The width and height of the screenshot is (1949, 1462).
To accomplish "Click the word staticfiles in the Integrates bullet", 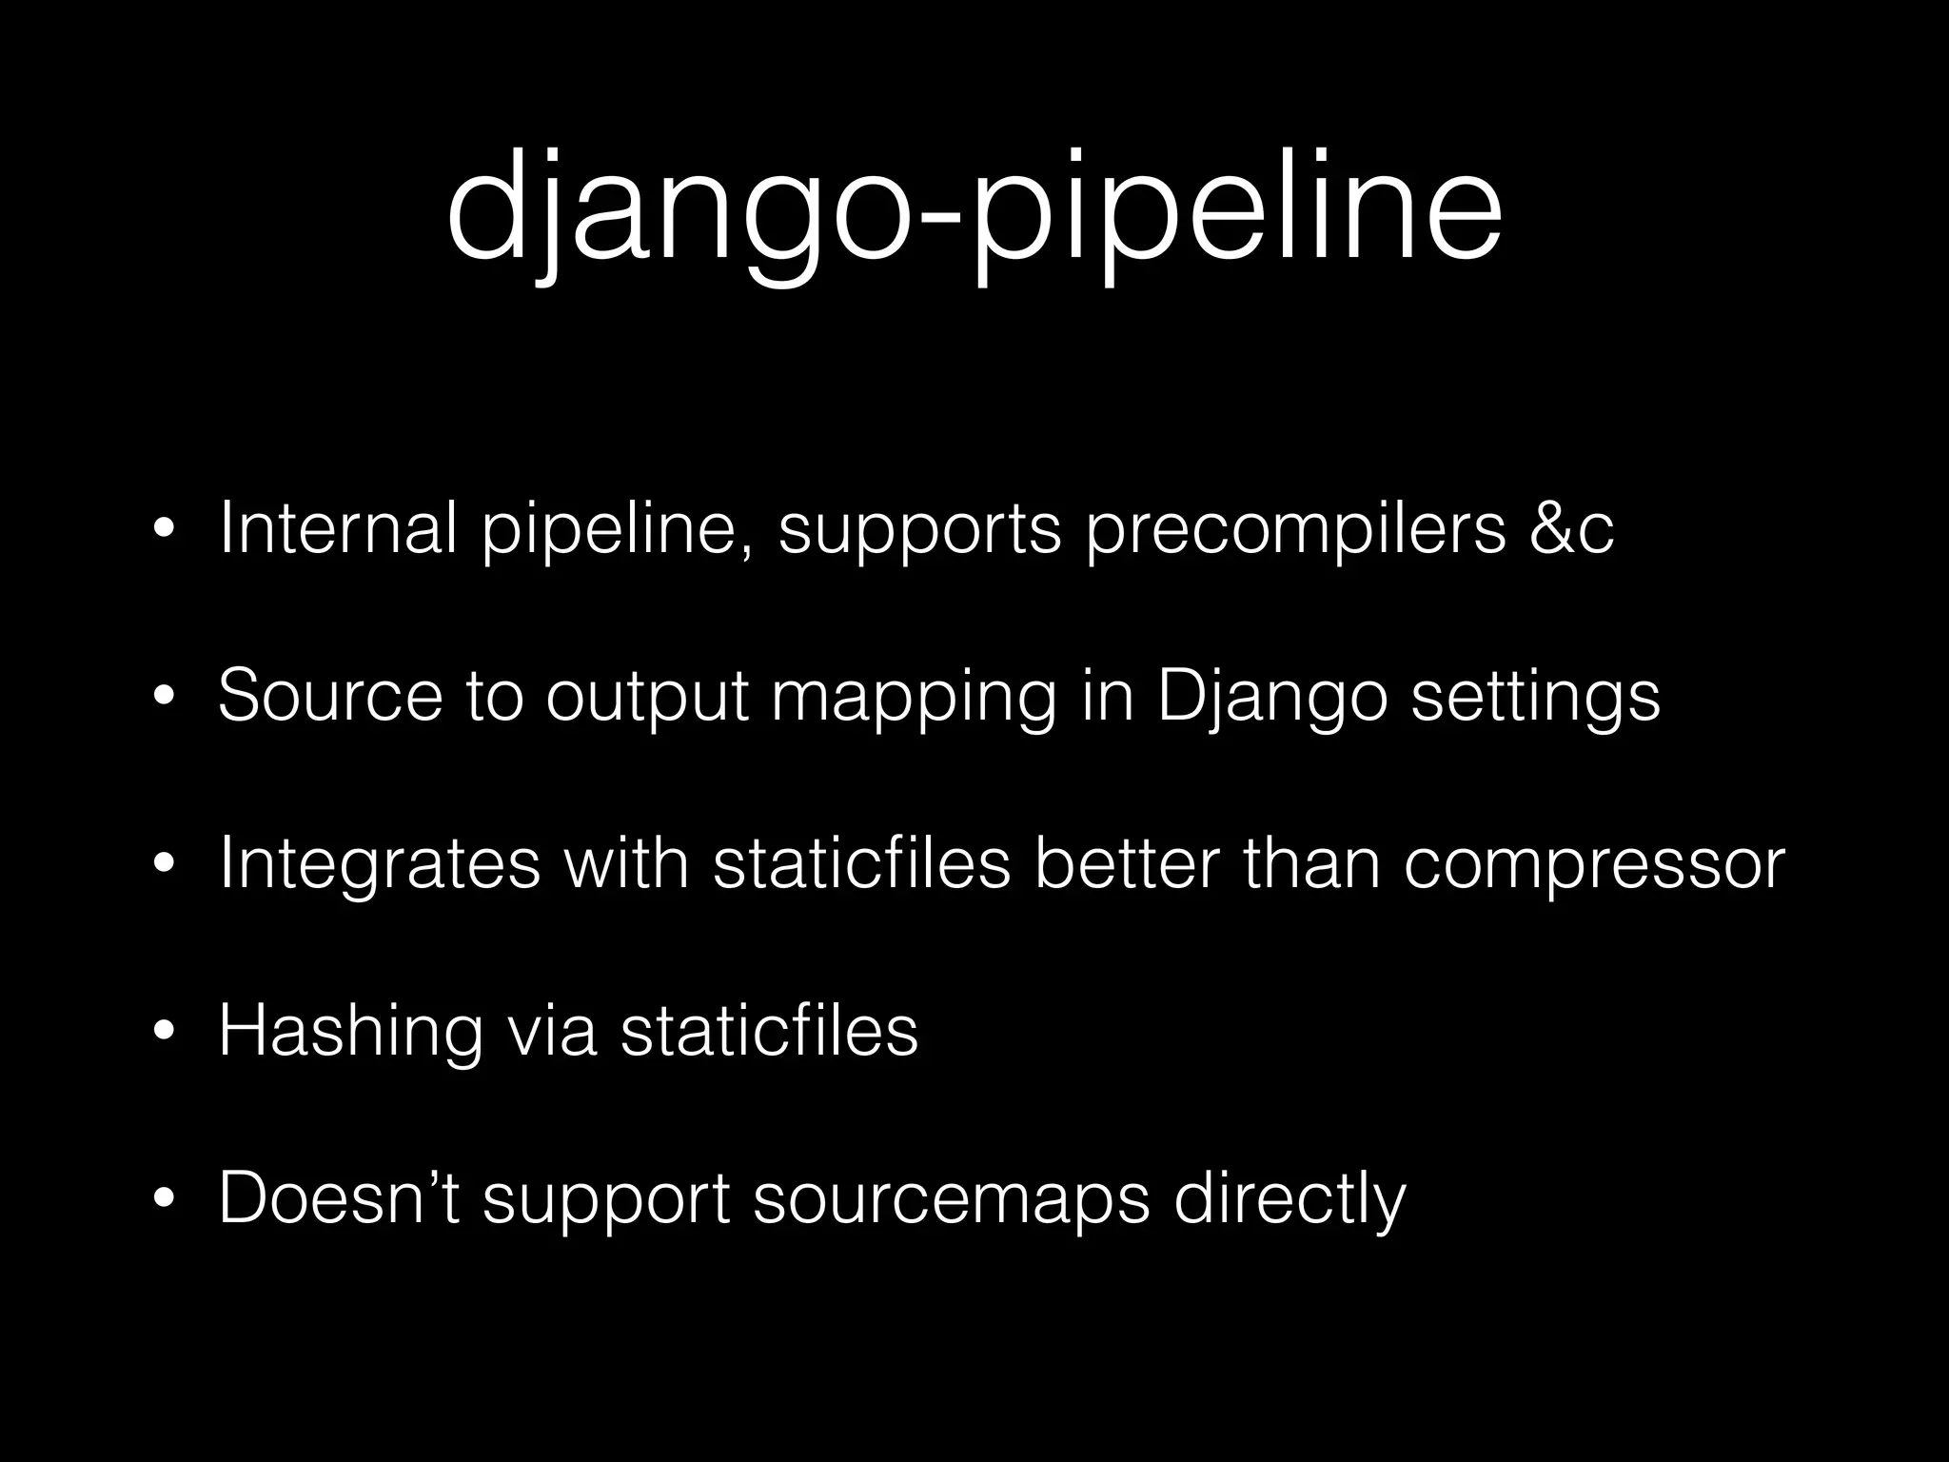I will click(x=861, y=863).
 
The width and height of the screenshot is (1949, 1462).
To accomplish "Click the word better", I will click(x=1126, y=863).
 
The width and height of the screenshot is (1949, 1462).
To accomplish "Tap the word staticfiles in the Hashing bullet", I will click(x=769, y=1030).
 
